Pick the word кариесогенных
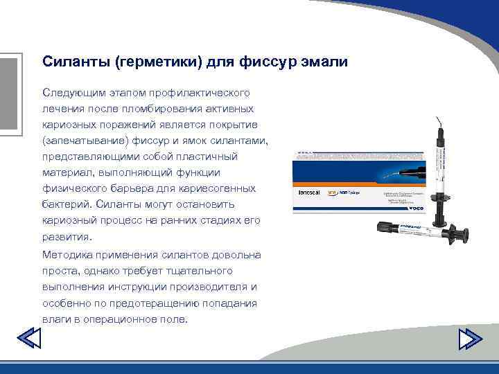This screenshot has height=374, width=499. (x=221, y=188)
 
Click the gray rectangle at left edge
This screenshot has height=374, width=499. (x=8, y=93)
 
